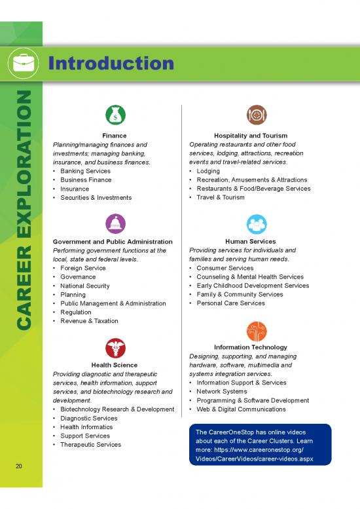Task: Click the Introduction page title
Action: coord(111,64)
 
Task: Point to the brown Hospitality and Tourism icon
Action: coord(256,114)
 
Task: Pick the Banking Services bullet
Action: coord(85,171)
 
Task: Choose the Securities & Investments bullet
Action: coord(96,197)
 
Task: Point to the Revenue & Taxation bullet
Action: coord(89,321)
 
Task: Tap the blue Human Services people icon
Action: coord(256,223)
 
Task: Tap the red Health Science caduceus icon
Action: coord(115,348)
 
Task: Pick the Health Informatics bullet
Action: coord(86,427)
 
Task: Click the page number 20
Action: coord(20,466)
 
